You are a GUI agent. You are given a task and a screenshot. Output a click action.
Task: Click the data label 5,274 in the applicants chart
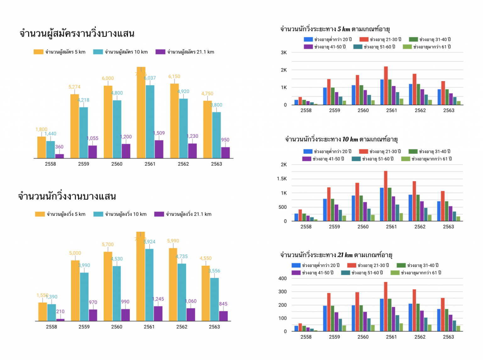click(75, 87)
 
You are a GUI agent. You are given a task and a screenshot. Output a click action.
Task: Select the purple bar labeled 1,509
click(159, 149)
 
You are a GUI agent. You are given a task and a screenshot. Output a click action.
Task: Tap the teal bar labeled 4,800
click(117, 129)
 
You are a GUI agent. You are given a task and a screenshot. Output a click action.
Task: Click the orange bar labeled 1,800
click(42, 147)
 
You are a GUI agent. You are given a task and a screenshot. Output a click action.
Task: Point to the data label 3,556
click(214, 271)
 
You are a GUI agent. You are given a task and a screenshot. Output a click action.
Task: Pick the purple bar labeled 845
click(223, 316)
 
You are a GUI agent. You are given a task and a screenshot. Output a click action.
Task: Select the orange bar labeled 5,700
click(108, 286)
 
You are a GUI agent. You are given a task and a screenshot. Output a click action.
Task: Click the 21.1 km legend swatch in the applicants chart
click(160, 52)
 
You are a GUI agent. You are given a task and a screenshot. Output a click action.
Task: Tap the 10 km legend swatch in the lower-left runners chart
click(98, 214)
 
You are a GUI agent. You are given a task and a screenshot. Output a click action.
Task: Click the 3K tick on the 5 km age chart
click(284, 53)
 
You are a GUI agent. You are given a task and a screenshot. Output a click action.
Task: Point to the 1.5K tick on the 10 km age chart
click(282, 179)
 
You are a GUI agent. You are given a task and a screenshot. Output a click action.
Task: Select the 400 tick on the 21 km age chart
click(283, 278)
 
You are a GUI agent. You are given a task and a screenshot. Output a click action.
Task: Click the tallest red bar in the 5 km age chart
click(386, 86)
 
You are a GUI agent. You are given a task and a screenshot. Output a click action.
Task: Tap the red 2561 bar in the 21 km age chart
click(386, 307)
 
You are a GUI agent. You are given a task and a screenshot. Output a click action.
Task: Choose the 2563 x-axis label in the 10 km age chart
click(448, 227)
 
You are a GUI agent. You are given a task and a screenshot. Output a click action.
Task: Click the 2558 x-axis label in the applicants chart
click(50, 164)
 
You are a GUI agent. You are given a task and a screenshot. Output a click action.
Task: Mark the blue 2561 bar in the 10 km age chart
click(382, 204)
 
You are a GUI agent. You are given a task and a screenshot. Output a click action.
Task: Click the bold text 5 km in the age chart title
click(344, 29)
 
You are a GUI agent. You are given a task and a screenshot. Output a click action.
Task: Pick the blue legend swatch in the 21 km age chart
click(296, 265)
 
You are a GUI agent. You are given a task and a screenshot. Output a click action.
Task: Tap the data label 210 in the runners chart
click(60, 312)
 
